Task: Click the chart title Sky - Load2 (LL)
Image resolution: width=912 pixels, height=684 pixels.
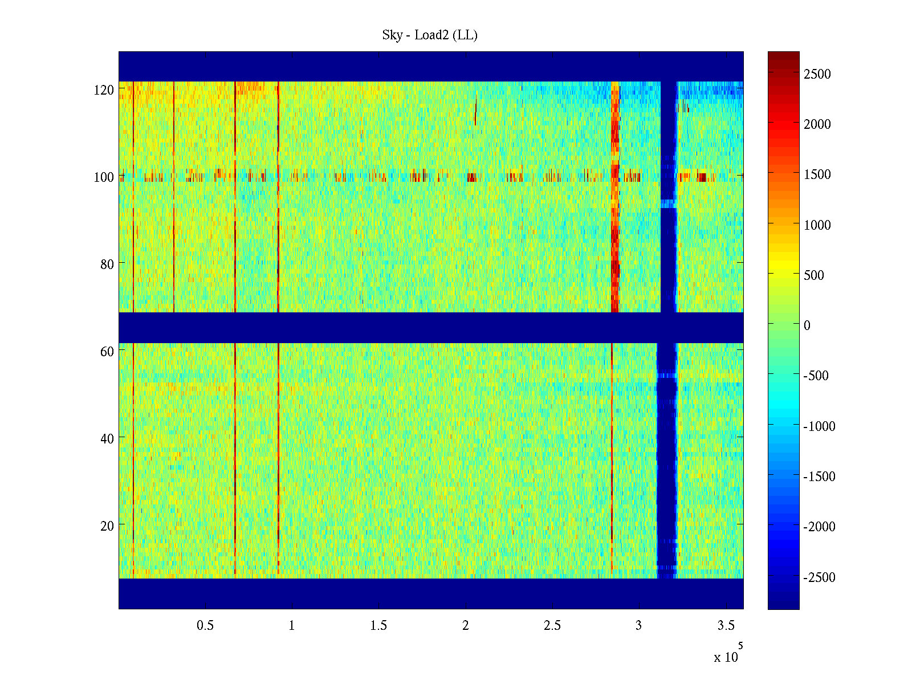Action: [430, 35]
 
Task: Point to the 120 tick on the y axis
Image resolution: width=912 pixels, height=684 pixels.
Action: [104, 90]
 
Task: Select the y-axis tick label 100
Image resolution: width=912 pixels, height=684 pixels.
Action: [104, 177]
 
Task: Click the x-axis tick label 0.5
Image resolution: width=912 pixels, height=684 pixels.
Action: [205, 626]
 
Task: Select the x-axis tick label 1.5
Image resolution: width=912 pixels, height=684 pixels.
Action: [378, 626]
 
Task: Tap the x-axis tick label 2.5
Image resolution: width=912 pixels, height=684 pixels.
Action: [552, 626]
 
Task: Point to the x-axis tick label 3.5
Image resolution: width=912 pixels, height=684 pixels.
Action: [726, 626]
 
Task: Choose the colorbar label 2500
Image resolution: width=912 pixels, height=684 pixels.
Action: [817, 74]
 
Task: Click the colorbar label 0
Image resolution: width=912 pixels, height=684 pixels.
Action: [807, 325]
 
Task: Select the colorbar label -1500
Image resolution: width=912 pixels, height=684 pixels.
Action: [819, 477]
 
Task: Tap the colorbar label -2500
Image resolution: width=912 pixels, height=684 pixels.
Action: [819, 577]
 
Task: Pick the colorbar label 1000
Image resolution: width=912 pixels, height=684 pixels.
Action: [817, 225]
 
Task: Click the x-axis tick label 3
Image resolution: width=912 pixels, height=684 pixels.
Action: [639, 626]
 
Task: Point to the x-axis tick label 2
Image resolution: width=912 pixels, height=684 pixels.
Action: [466, 626]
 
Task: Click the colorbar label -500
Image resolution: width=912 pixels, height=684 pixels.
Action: [816, 376]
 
